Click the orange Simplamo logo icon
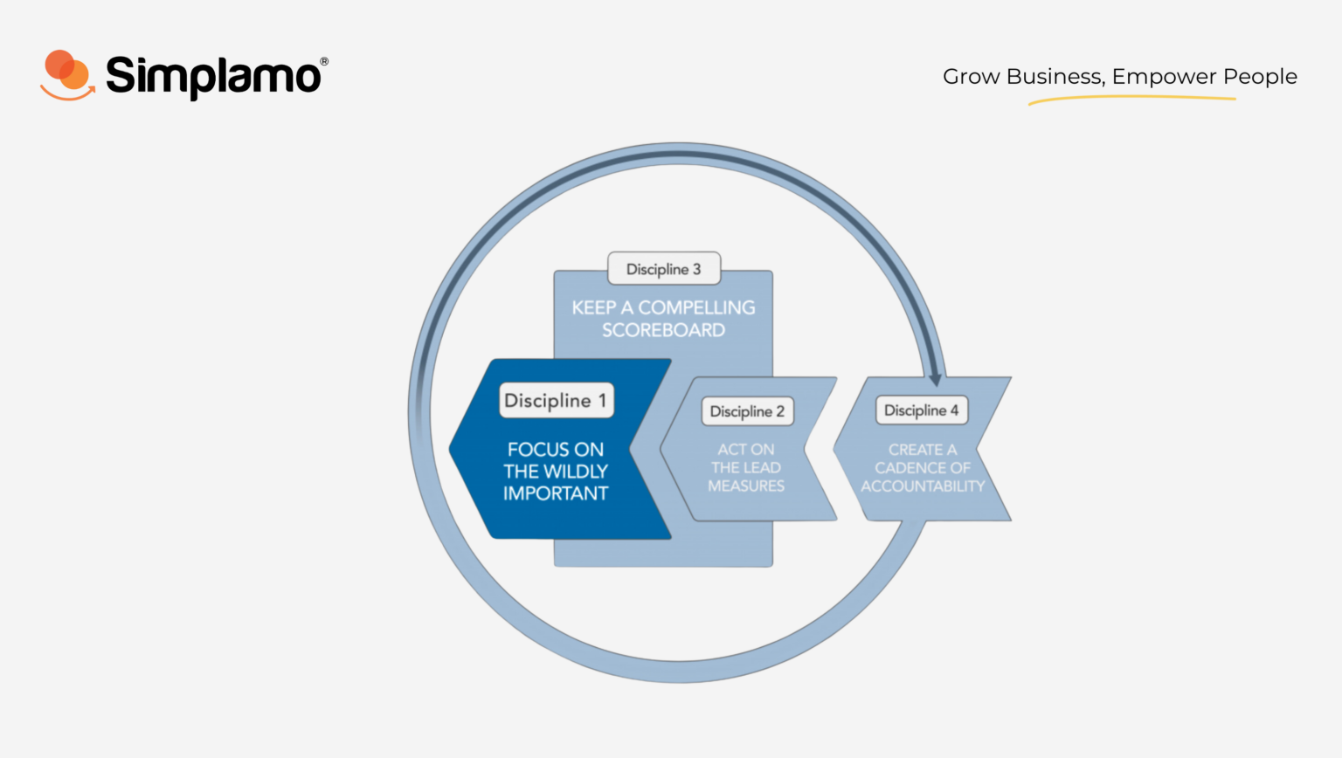click(67, 75)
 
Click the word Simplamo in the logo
click(213, 77)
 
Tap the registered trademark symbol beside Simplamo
click(324, 61)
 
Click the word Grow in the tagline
click(972, 77)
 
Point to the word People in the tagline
click(1260, 77)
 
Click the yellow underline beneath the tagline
click(1131, 99)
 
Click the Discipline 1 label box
click(556, 400)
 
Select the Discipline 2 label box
click(747, 411)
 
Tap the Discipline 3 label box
click(664, 269)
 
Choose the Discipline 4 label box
click(922, 410)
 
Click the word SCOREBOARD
click(663, 330)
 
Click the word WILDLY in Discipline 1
click(576, 472)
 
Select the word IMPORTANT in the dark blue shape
click(556, 493)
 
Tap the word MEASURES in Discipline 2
click(746, 486)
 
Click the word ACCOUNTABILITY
click(923, 486)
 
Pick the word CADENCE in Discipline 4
click(906, 467)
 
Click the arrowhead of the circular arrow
click(935, 379)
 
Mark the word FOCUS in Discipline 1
click(529, 450)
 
